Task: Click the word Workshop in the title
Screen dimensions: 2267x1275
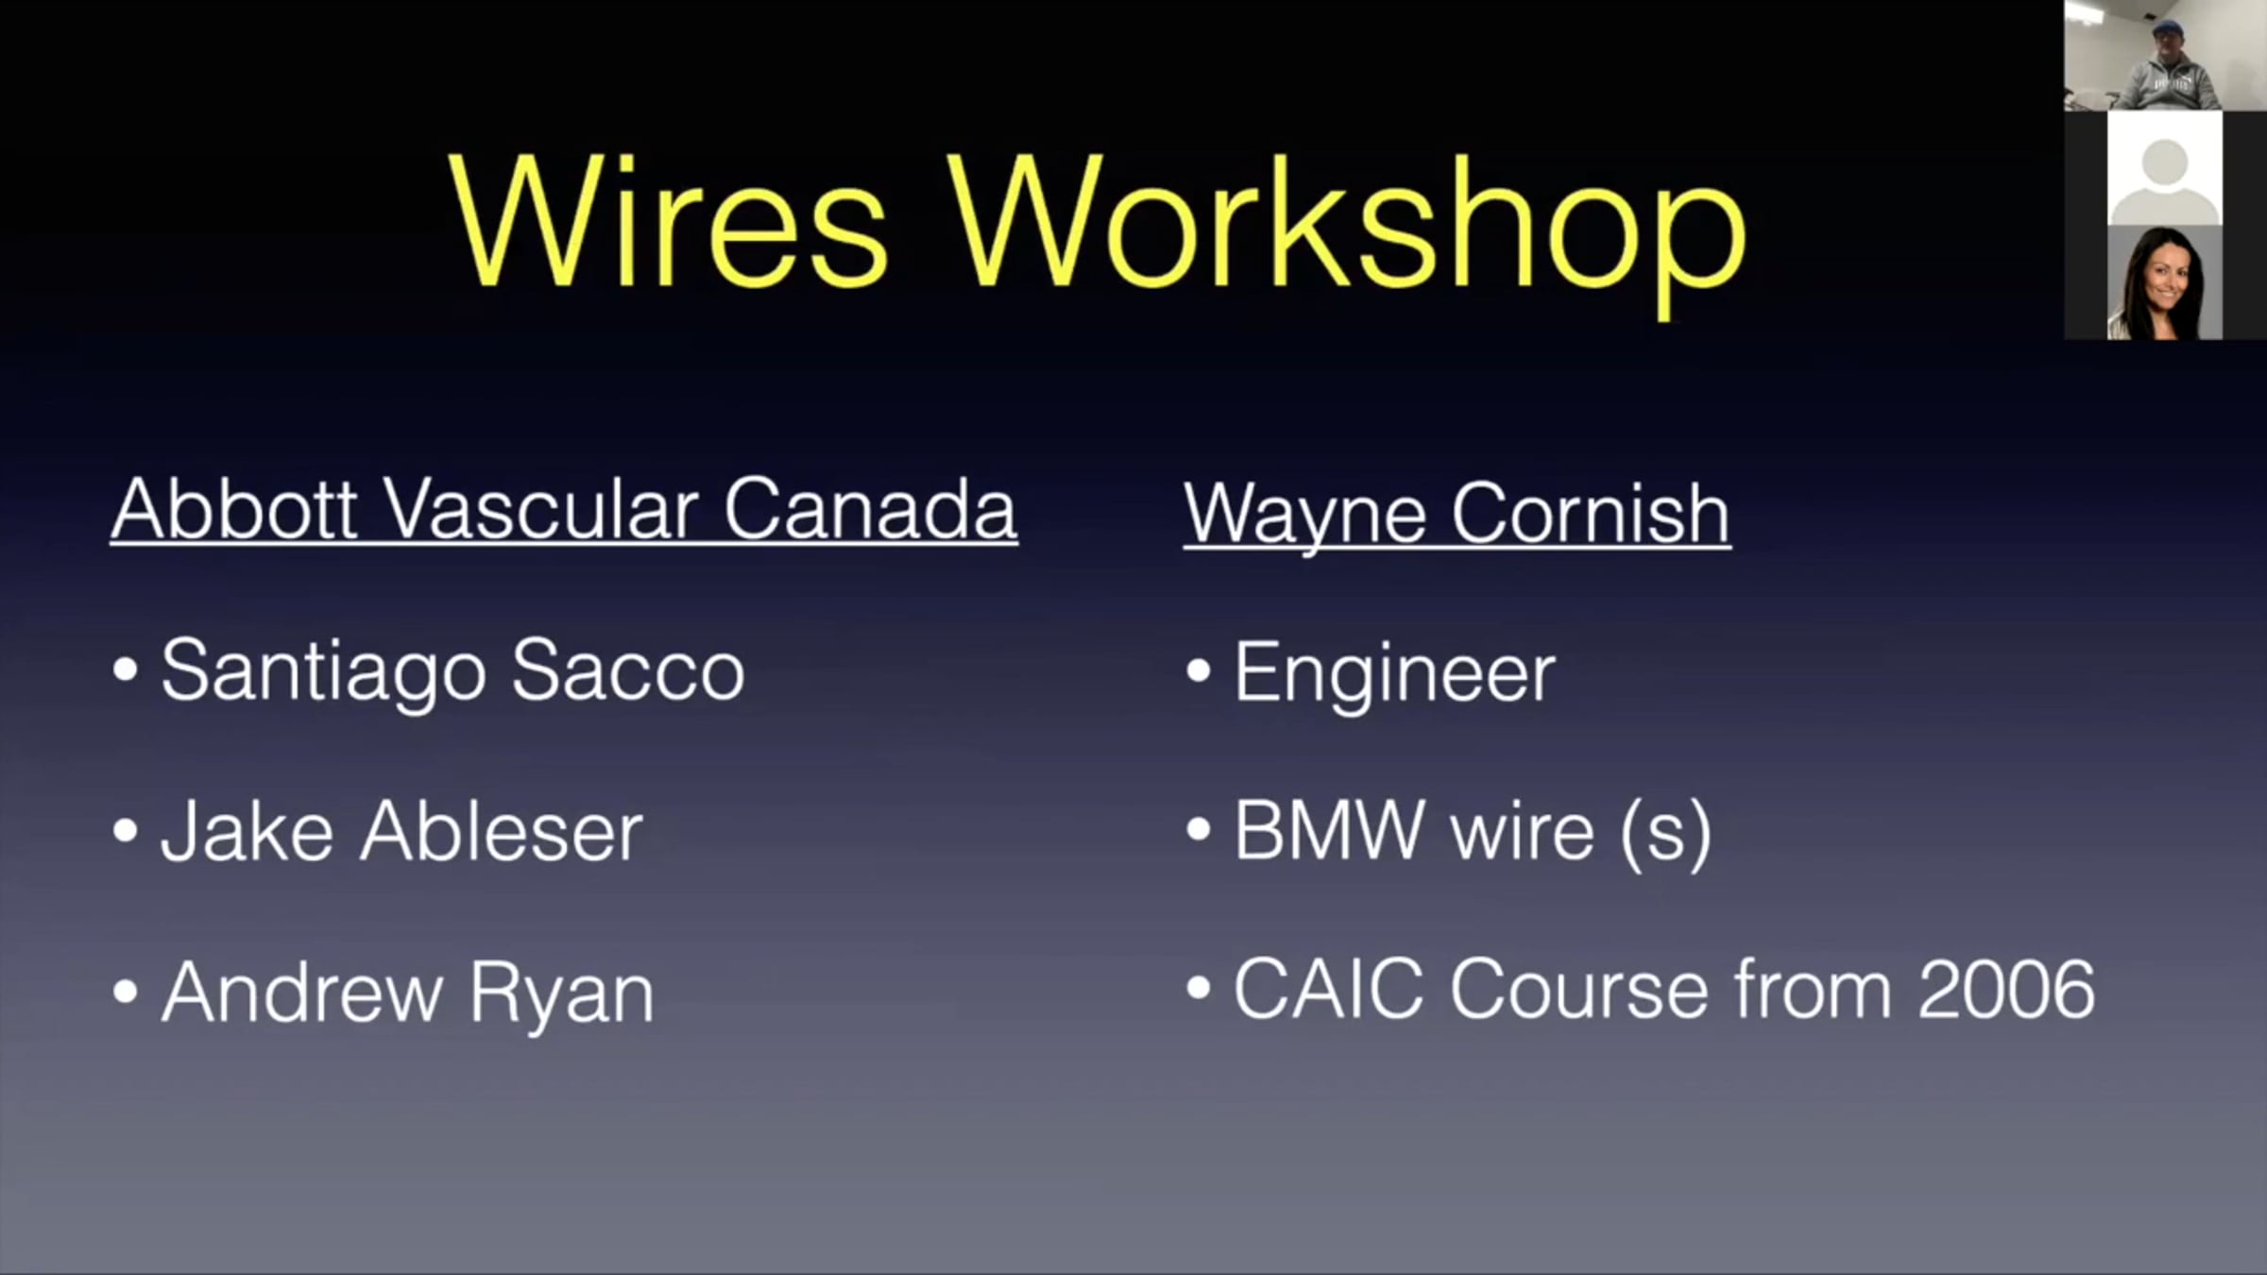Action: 1349,233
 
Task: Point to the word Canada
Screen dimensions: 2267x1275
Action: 870,509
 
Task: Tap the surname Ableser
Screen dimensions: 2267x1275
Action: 502,831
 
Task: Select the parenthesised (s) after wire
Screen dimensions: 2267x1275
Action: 1665,834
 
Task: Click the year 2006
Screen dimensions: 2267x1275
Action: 2007,989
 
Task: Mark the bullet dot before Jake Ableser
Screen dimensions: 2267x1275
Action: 125,831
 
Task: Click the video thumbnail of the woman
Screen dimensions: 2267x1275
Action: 2164,282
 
